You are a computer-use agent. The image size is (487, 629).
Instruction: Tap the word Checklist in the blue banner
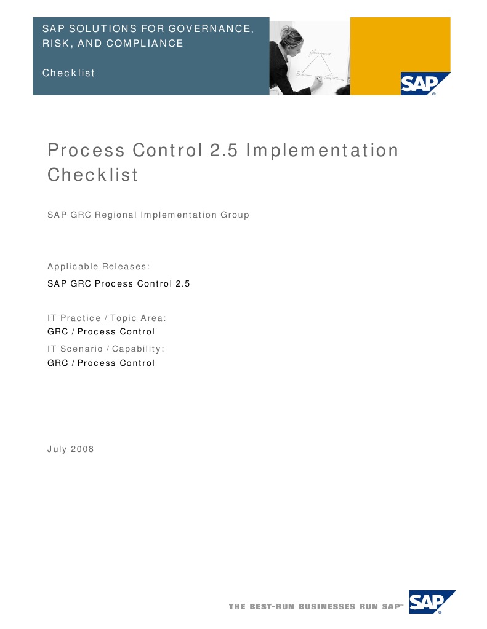[68, 73]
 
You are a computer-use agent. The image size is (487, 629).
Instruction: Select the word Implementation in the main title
[322, 151]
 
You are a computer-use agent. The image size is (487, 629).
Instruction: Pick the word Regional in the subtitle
[116, 215]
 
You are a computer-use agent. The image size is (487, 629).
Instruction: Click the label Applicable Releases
[99, 266]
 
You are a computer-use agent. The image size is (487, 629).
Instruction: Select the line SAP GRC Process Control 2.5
[119, 284]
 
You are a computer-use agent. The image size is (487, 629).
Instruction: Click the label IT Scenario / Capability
[106, 349]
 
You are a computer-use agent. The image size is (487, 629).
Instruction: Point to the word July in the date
[57, 449]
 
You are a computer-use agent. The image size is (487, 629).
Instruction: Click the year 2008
[83, 449]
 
